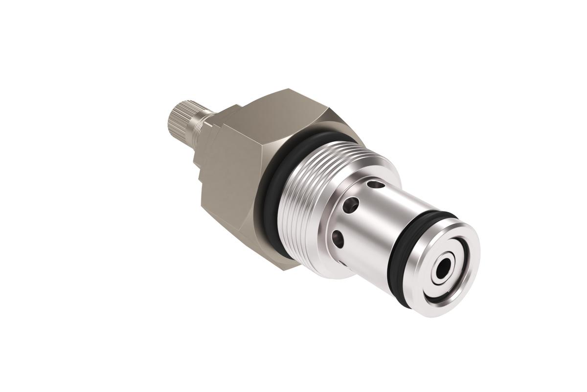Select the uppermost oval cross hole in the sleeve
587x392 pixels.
coord(376,185)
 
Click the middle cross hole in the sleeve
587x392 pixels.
coord(348,206)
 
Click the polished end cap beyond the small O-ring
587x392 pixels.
coord(416,294)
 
